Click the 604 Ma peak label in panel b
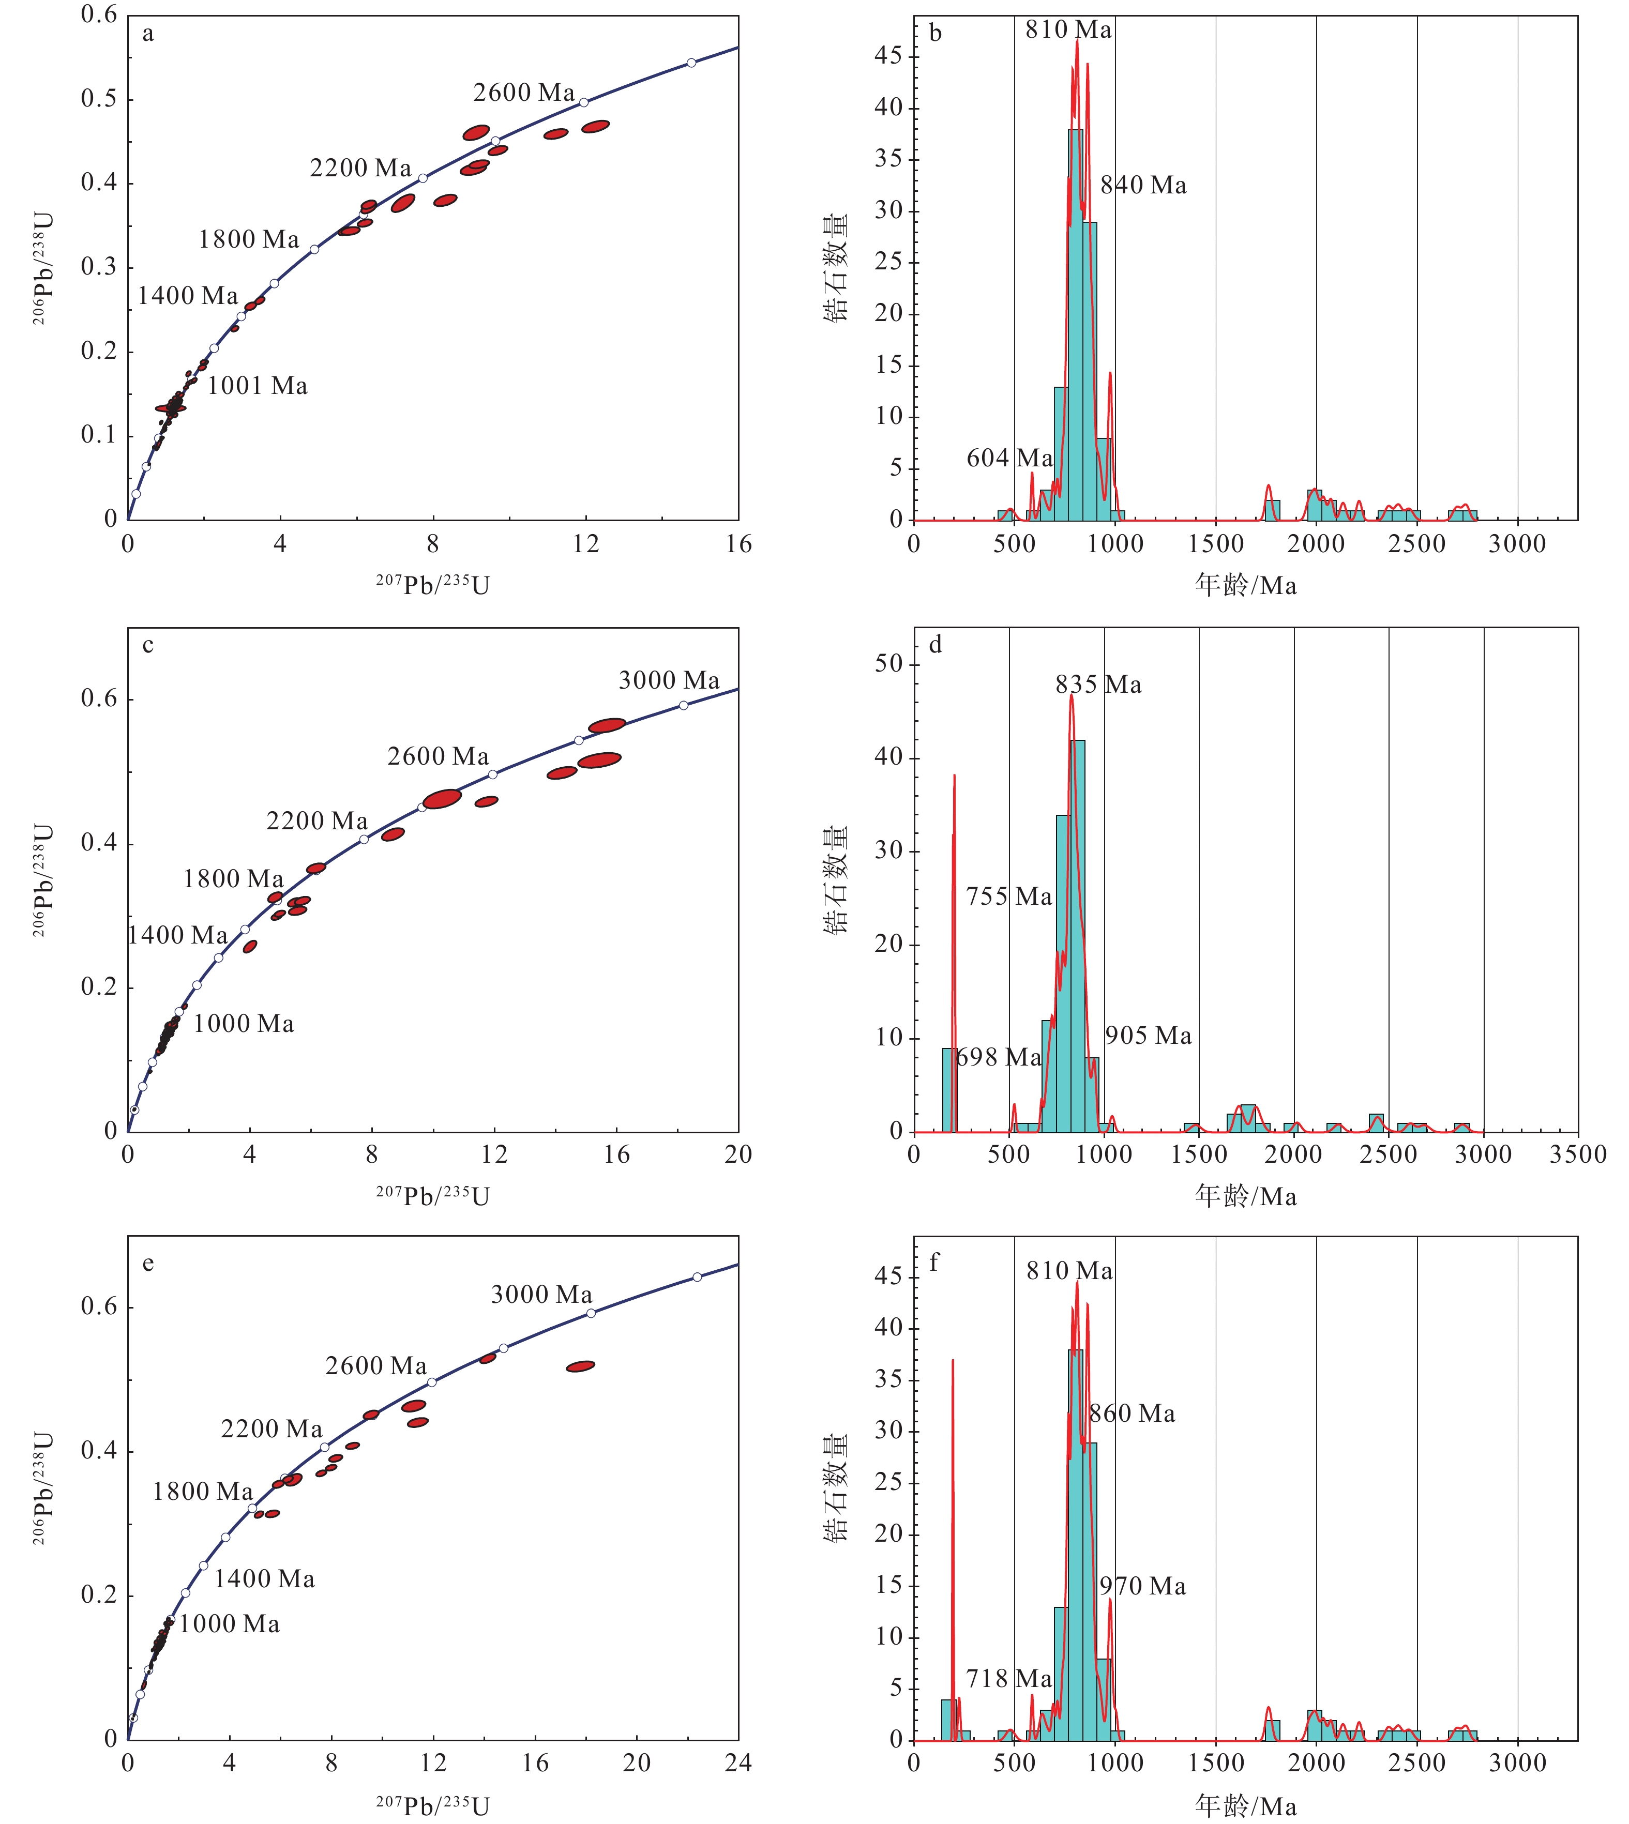coord(1009,458)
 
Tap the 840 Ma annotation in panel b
coord(1143,185)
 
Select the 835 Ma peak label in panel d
coord(1098,685)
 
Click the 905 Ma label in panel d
coord(1149,1036)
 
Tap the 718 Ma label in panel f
coord(1009,1679)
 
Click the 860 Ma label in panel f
coord(1132,1414)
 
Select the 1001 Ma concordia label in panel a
coord(258,386)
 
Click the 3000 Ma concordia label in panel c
coord(669,680)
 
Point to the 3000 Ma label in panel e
coord(541,1294)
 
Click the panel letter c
coord(148,645)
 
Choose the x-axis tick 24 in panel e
coord(737,1763)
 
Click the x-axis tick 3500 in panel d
coord(1578,1154)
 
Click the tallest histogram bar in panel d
coord(1078,935)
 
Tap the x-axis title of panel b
coord(1245,585)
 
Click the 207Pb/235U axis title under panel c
coord(432,1196)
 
